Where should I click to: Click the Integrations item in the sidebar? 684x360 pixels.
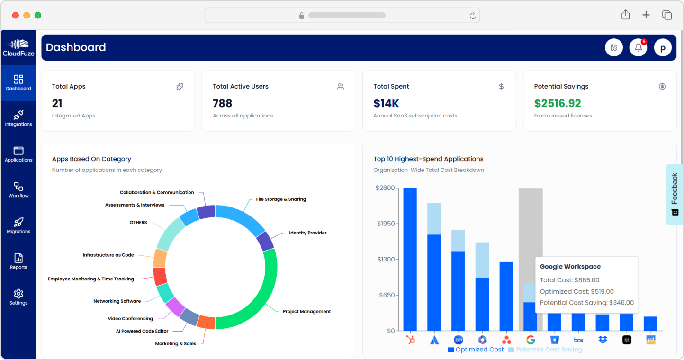(x=18, y=118)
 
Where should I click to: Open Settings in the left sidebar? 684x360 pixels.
(x=18, y=297)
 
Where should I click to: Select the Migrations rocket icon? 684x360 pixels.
(x=18, y=222)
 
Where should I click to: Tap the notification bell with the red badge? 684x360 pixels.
(x=638, y=48)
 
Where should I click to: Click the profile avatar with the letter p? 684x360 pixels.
(x=663, y=48)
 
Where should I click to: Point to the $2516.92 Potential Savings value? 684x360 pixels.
(x=557, y=103)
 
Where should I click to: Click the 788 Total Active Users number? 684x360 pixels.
(x=222, y=103)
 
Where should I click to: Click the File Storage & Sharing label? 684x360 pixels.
(x=281, y=199)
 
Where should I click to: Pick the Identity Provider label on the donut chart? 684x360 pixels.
(x=307, y=233)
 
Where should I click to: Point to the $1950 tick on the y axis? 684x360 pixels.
(x=386, y=224)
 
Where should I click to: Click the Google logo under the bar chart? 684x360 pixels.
(x=531, y=340)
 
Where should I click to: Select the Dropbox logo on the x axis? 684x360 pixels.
(x=603, y=340)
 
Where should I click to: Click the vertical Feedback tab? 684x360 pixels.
(x=675, y=194)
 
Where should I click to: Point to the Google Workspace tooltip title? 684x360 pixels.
(x=570, y=267)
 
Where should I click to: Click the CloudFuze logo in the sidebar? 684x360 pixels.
(x=18, y=48)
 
